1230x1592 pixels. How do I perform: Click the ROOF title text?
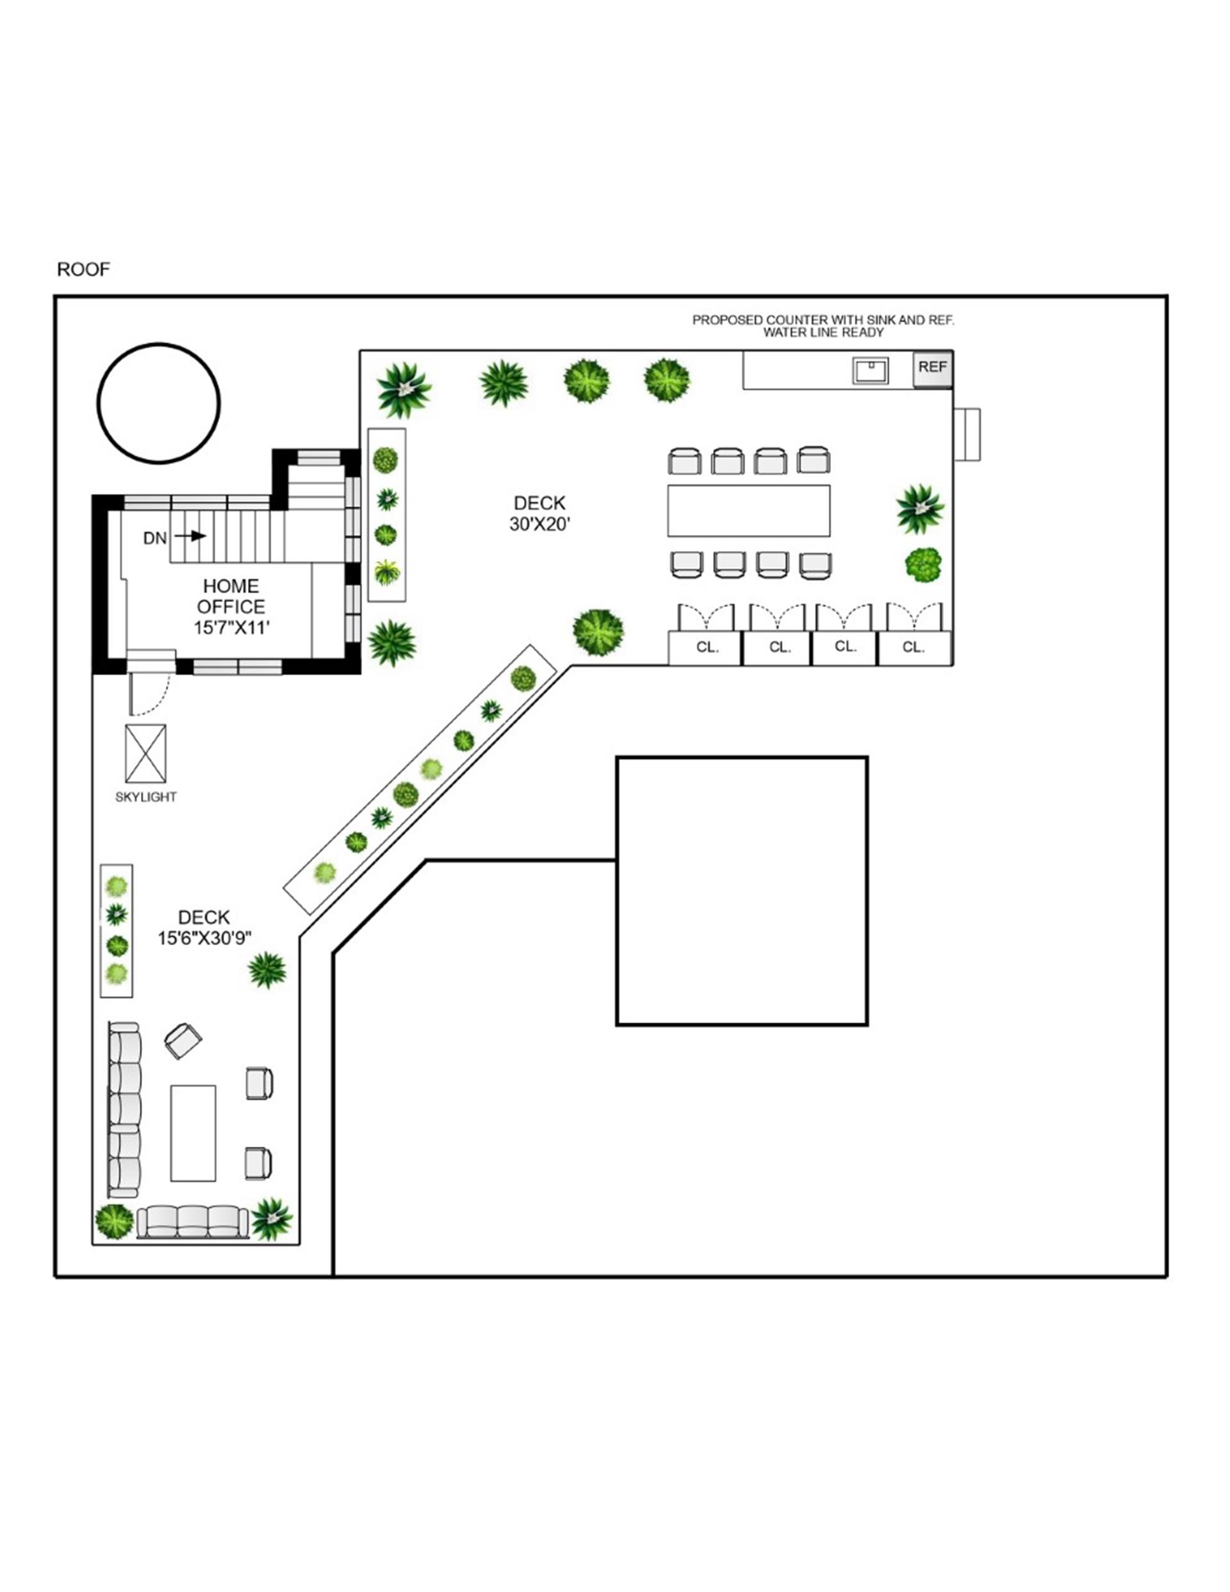tap(83, 270)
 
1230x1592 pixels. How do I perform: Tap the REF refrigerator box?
tap(933, 368)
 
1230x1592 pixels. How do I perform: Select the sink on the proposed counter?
tap(871, 370)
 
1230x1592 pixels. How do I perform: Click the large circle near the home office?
tap(159, 403)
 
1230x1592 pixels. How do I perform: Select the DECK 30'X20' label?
tap(539, 513)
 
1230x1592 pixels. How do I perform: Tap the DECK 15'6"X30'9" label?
tap(204, 928)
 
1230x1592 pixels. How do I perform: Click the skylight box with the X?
tap(146, 753)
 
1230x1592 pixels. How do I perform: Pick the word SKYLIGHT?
tap(146, 798)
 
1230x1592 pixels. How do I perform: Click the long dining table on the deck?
tap(749, 510)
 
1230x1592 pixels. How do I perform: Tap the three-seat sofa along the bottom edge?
tap(192, 1221)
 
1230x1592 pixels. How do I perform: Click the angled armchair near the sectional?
tap(183, 1040)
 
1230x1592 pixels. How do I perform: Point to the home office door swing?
tap(149, 694)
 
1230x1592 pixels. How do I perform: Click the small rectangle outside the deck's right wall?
tap(967, 434)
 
